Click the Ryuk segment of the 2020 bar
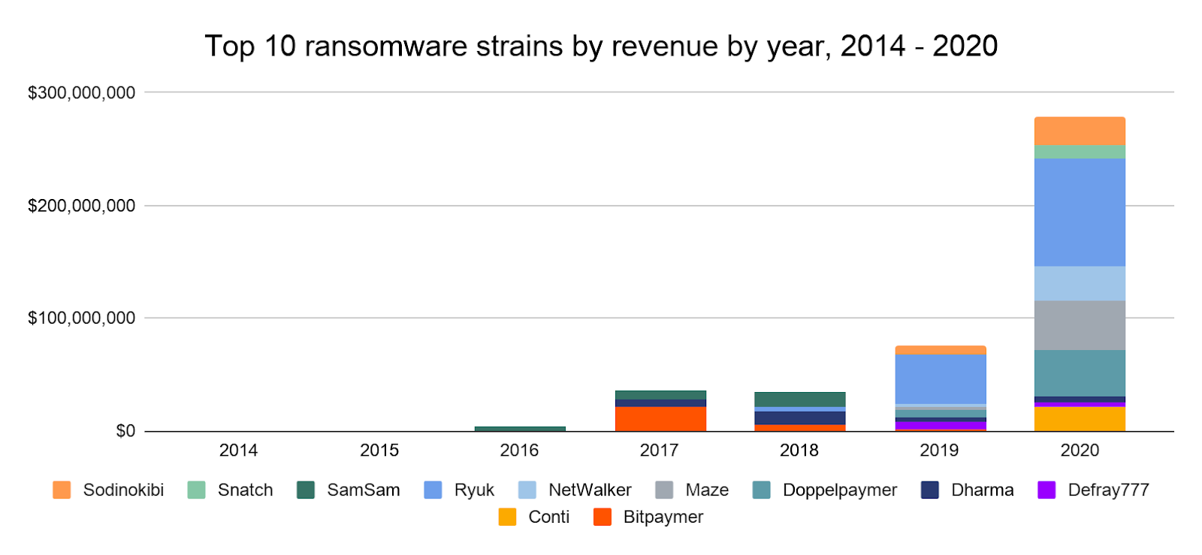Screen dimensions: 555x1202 tap(1080, 213)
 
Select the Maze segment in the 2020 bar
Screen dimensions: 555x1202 tap(1080, 325)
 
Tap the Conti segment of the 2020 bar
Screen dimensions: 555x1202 tap(1080, 418)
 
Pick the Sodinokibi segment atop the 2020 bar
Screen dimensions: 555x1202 tap(1080, 131)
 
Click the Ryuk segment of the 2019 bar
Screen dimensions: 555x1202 tap(940, 379)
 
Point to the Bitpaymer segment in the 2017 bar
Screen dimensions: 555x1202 tap(660, 418)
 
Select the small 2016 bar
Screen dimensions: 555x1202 tap(520, 429)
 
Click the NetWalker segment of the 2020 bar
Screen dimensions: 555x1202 tap(1080, 283)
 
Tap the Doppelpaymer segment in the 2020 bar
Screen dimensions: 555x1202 tap(1080, 373)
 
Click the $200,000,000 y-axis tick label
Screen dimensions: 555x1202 tap(81, 206)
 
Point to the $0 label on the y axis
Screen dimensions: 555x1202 tap(125, 431)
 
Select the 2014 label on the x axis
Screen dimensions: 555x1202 tap(238, 451)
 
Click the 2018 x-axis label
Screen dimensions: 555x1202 tap(799, 451)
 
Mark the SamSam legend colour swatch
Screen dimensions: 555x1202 tap(306, 490)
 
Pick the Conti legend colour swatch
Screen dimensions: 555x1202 tap(507, 517)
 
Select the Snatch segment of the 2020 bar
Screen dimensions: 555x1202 tap(1080, 152)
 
